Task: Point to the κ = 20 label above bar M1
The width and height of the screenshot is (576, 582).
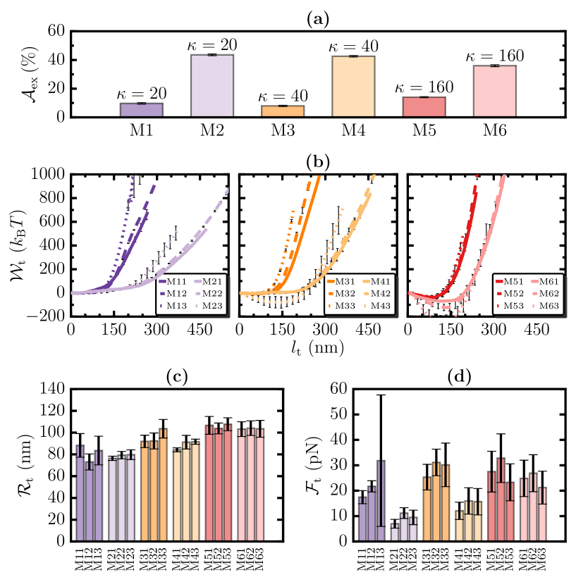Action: pos(142,93)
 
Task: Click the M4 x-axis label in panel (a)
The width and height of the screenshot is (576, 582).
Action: pos(353,130)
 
